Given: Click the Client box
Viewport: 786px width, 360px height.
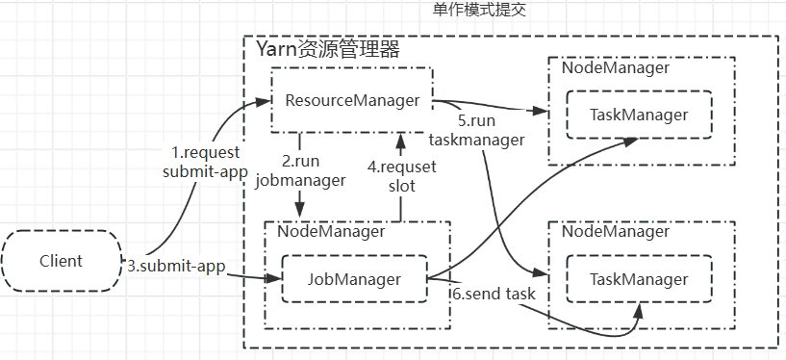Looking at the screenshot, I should tap(62, 261).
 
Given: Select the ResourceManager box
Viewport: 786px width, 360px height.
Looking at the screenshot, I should tap(352, 100).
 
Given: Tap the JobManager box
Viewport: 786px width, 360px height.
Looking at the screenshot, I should tap(353, 279).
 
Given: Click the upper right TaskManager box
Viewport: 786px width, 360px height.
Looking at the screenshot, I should tap(639, 115).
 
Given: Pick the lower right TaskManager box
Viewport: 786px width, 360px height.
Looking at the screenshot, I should tap(639, 279).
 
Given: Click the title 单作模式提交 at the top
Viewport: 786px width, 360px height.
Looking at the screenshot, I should tap(480, 11).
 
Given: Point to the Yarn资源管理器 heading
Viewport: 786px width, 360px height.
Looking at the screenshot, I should tap(327, 48).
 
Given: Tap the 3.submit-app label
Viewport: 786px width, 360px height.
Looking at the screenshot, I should tap(175, 267).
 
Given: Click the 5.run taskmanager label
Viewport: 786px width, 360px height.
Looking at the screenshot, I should tap(491, 131).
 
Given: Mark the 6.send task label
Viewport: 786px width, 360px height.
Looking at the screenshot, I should tap(494, 293).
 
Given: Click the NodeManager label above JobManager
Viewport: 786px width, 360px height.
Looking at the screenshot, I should tap(331, 231).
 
